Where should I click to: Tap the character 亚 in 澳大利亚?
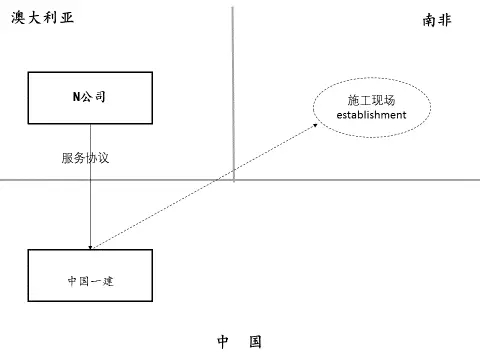(x=68, y=19)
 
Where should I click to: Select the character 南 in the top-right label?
(x=430, y=19)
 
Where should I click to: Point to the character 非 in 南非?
(x=447, y=19)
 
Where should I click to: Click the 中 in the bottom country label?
(x=223, y=342)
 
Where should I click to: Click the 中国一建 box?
(x=90, y=279)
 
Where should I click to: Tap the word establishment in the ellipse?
(x=371, y=115)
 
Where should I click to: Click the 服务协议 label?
(x=83, y=158)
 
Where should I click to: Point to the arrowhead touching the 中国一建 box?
(x=91, y=246)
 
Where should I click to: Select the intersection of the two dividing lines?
(x=233, y=180)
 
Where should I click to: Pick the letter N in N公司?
(x=76, y=96)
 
